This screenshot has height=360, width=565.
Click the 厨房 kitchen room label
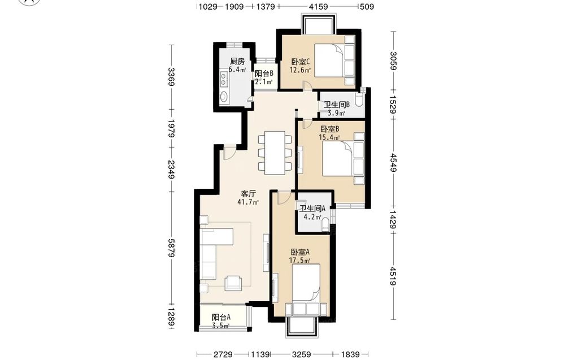[x=237, y=61]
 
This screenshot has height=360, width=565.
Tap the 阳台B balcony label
[x=264, y=73]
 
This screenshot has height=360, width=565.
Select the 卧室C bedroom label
[x=301, y=62]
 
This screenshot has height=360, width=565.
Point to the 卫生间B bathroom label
[x=337, y=105]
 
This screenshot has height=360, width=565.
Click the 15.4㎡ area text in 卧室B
[x=329, y=137]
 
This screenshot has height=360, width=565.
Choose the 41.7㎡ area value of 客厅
[x=248, y=202]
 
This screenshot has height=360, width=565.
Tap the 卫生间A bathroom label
[x=313, y=209]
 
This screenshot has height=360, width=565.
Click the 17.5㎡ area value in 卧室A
[x=300, y=260]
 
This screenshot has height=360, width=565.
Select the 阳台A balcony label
[x=221, y=318]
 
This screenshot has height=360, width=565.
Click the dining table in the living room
[x=275, y=153]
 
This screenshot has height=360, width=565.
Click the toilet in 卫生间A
[x=325, y=224]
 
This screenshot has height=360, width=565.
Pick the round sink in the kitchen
[x=224, y=96]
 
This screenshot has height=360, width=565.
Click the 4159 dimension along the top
[x=319, y=6]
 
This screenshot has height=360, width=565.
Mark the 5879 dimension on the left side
[x=172, y=248]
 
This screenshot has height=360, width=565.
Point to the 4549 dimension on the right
[x=393, y=163]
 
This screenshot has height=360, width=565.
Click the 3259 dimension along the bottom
[x=301, y=354]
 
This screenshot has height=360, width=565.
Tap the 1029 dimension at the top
[x=208, y=6]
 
